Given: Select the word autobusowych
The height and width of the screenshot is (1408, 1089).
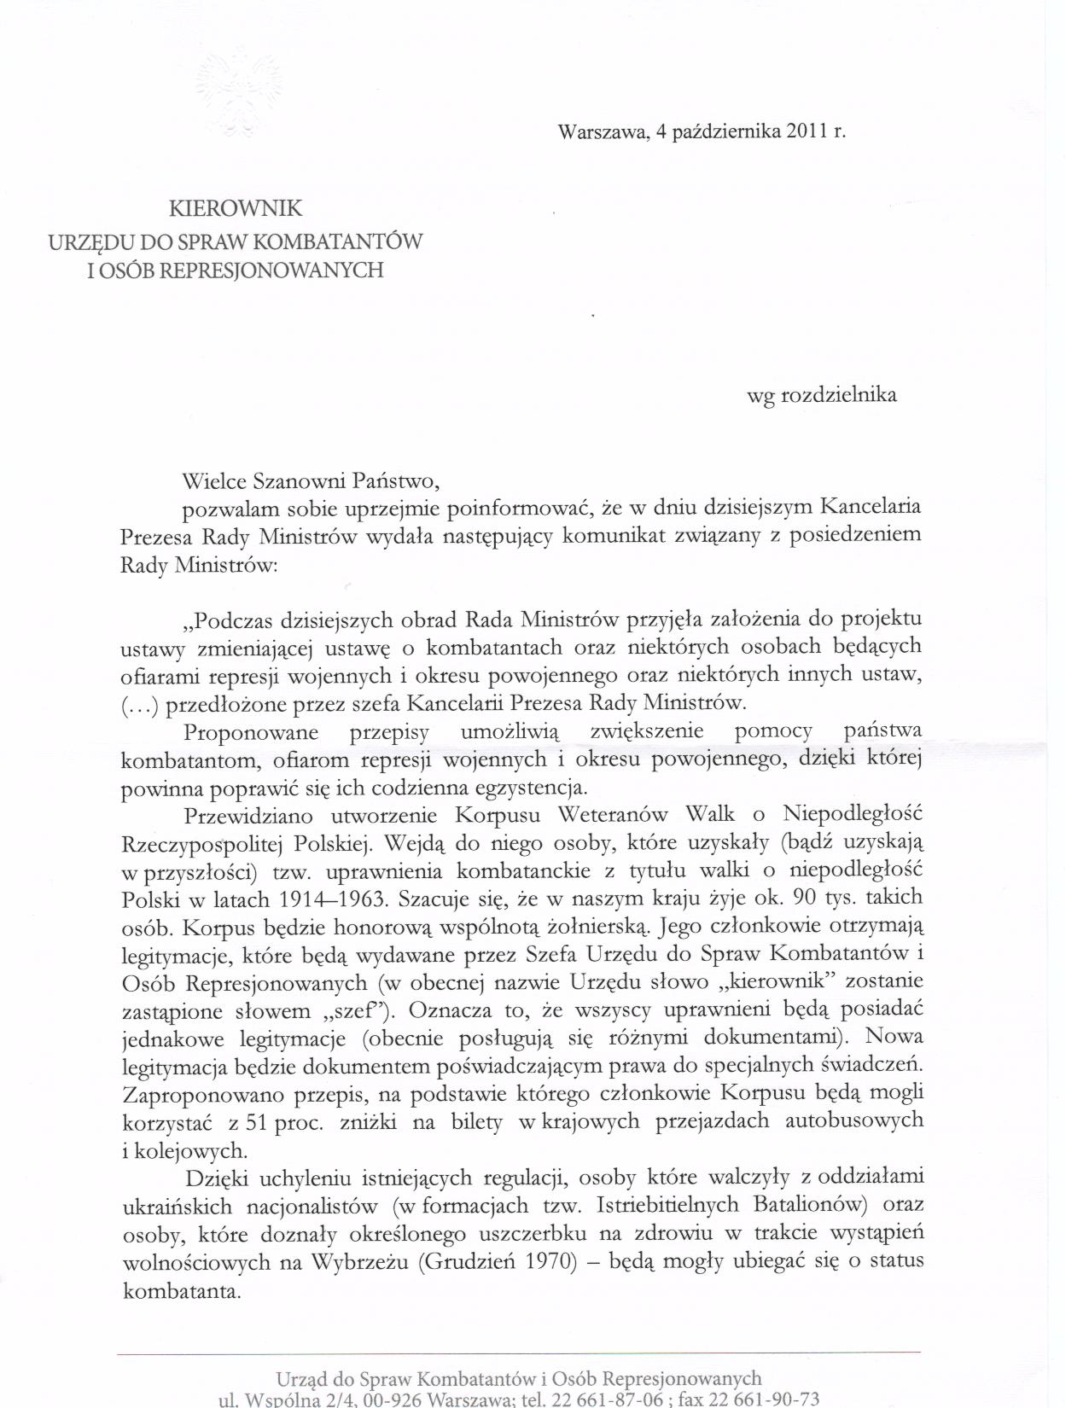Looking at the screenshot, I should click(x=852, y=1121).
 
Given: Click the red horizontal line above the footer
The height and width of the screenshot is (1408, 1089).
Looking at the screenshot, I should click(x=519, y=1353).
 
